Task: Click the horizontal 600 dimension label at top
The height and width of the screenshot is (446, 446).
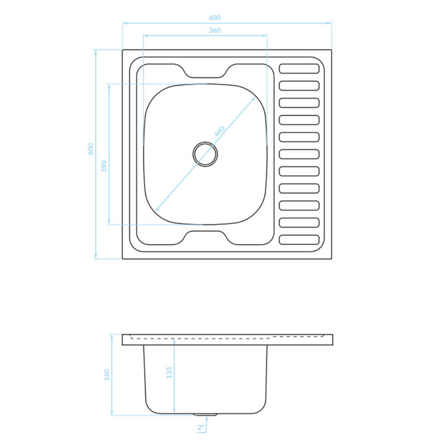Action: point(214,18)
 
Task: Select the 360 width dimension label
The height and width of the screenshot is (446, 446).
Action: point(214,30)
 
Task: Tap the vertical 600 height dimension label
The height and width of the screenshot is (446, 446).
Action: point(91,149)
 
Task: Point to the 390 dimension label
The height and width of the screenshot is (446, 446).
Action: point(104,166)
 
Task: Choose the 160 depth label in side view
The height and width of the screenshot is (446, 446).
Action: point(107,375)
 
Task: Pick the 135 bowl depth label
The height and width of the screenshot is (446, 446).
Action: point(169,372)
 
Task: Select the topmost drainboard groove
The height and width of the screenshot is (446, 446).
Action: point(299,68)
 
